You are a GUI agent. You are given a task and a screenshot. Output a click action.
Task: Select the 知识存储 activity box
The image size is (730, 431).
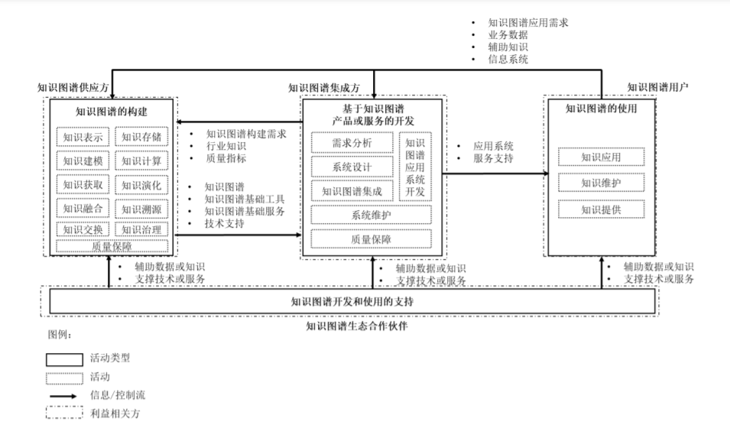[141, 138]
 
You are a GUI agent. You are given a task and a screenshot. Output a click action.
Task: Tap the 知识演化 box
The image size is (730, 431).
[141, 185]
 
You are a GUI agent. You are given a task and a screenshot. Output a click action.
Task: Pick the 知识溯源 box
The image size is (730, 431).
[141, 208]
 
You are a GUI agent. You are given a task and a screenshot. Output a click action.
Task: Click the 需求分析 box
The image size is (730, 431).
[352, 143]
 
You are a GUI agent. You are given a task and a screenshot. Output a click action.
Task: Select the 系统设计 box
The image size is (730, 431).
[352, 167]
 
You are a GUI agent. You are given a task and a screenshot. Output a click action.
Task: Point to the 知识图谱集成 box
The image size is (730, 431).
[352, 191]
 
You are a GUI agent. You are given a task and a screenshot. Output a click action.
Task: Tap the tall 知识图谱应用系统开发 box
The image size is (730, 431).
[415, 167]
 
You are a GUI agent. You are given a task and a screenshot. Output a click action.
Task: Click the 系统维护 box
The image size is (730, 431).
[371, 215]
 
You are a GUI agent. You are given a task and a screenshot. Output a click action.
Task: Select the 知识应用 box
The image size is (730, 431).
[601, 157]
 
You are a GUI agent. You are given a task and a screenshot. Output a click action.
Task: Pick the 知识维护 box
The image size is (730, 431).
[601, 183]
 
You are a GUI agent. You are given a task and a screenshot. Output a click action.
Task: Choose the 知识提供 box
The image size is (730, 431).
[601, 209]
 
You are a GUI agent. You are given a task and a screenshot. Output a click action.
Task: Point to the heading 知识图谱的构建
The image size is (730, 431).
[112, 112]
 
